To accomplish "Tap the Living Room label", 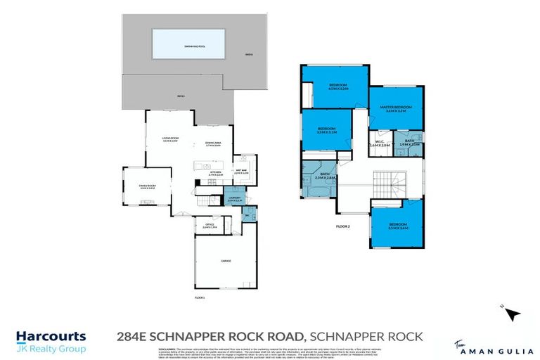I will (170, 140).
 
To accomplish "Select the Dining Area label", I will (213, 145).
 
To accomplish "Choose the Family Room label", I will (138, 186).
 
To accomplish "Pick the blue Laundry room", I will (235, 200).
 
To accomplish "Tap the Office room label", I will (210, 226).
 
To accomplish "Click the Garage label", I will (226, 261).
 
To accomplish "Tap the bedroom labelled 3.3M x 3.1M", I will (328, 131).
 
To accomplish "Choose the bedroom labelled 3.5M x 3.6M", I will (398, 226).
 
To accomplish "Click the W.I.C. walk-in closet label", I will (379, 145).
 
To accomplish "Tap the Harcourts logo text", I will (51, 337).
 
